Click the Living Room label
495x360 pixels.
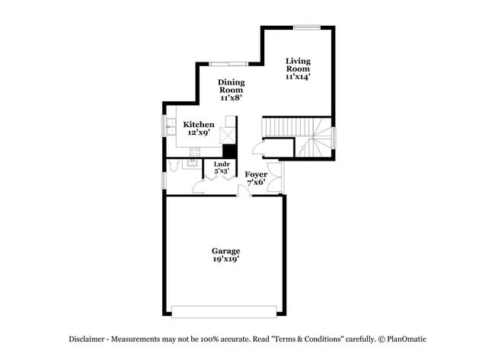coord(298,65)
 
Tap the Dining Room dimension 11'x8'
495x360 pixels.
coord(231,98)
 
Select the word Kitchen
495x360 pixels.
coord(199,124)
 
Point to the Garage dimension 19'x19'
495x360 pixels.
coord(225,259)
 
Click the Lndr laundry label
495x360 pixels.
coord(222,164)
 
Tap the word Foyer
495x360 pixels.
coord(256,174)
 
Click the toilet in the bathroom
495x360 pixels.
coord(174,165)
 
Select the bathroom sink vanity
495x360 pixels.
coord(191,164)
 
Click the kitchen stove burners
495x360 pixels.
coord(194,151)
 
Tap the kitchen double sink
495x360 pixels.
coord(171,126)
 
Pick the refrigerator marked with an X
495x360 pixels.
coord(228,135)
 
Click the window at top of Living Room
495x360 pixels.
coord(307,27)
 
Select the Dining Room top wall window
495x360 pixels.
coord(229,64)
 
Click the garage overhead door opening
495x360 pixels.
coord(224,311)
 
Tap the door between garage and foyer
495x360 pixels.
coord(244,191)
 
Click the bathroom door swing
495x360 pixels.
coord(198,187)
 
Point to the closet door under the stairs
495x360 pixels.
coord(258,148)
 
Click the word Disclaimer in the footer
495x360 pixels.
coord(87,339)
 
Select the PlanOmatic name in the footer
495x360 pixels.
coord(407,339)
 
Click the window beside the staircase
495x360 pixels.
coord(334,138)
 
